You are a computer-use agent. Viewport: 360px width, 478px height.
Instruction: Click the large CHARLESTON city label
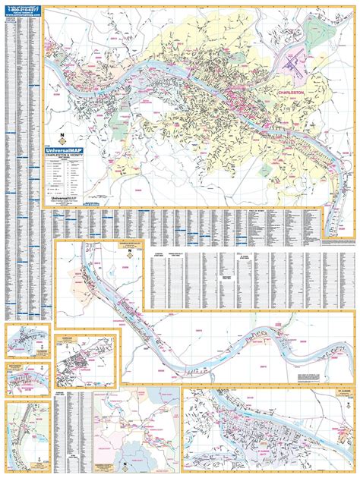click(x=292, y=93)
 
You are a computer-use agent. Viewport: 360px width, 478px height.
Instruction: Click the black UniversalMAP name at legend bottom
click(x=67, y=196)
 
